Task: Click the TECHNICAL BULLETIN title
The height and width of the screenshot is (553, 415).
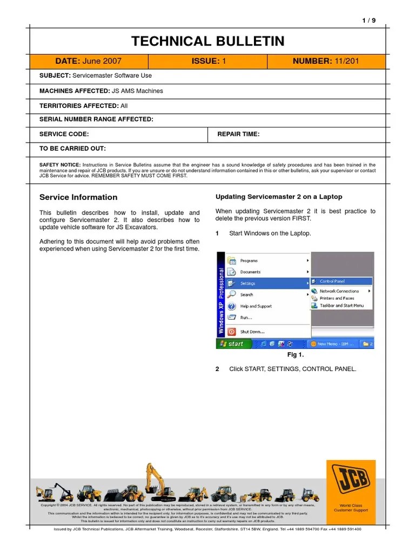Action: [207, 41]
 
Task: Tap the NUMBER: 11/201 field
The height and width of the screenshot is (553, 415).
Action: [325, 62]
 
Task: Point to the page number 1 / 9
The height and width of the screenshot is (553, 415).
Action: [369, 21]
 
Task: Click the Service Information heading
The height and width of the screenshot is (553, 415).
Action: [78, 197]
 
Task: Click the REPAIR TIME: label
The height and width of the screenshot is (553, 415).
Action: [238, 134]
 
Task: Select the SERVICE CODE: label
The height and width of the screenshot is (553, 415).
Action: [64, 134]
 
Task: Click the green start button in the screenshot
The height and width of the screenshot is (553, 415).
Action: [231, 343]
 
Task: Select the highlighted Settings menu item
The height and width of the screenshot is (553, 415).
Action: [248, 284]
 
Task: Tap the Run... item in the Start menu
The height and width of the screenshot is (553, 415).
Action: [246, 318]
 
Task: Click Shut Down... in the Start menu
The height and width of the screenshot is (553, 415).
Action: [252, 332]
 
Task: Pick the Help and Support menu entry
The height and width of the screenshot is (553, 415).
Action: [256, 306]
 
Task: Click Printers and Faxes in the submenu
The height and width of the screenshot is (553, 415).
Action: [337, 298]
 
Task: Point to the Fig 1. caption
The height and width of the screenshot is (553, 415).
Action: [295, 355]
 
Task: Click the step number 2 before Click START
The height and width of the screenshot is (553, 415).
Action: [217, 369]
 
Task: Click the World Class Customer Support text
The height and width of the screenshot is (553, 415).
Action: [351, 508]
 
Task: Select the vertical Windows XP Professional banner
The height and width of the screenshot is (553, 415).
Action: [220, 299]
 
